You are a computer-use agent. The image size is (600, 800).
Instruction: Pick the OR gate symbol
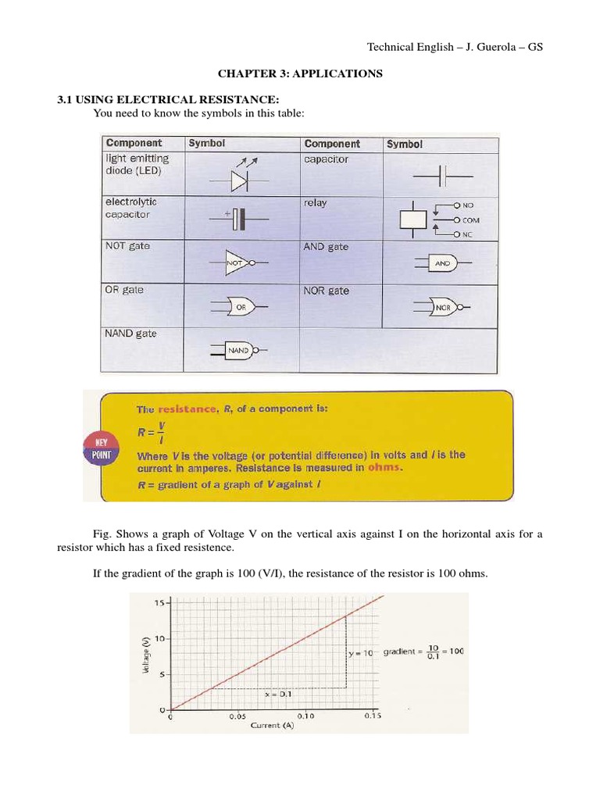pyautogui.click(x=239, y=307)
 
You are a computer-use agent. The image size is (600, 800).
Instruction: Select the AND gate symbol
pyautogui.click(x=442, y=264)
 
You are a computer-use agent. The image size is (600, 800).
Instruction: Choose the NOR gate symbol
pyautogui.click(x=444, y=307)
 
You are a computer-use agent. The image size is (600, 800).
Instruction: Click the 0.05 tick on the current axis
pyautogui.click(x=237, y=715)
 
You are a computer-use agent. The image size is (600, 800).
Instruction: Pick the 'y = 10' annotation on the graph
pyautogui.click(x=364, y=652)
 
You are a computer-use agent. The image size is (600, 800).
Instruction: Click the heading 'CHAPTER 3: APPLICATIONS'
pyautogui.click(x=300, y=73)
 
